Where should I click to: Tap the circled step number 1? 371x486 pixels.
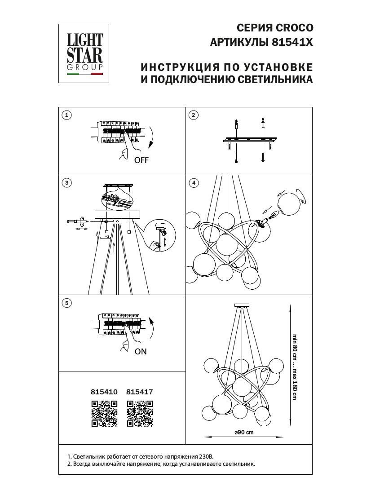coord(66,115)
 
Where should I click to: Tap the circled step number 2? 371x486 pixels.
coord(194,115)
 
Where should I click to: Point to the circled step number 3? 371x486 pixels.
coord(66,183)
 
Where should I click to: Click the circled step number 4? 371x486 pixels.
coord(194,183)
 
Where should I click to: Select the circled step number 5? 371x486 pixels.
coord(66,303)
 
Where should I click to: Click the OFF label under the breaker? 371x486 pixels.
coord(141,160)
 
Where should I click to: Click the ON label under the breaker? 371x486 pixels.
coord(141,352)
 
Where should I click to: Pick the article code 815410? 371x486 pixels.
coord(104,392)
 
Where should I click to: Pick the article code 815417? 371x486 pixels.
coord(140,392)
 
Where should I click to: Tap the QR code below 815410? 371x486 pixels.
coord(104,413)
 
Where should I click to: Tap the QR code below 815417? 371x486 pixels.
coord(140,413)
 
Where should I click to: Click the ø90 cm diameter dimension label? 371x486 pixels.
coord(244,432)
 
